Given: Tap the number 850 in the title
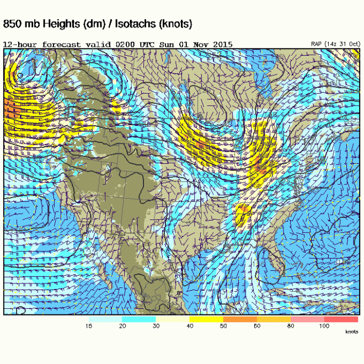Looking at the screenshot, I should click(x=14, y=24).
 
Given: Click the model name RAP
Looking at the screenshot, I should click(x=317, y=44).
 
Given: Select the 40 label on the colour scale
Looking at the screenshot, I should click(x=190, y=326).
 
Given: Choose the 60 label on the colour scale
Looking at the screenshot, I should click(x=257, y=326).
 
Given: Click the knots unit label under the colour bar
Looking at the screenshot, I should click(x=351, y=331).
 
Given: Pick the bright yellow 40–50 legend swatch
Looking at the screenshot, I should click(x=206, y=319).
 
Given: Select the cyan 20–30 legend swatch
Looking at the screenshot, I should click(x=138, y=319).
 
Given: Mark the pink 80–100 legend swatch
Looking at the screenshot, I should click(x=307, y=319).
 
